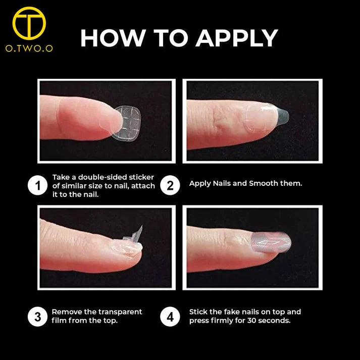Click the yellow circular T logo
[29, 23]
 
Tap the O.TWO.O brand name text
[29, 48]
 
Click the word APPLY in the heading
[237, 38]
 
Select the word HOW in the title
[113, 38]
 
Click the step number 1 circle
[37, 185]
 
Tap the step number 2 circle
[170, 185]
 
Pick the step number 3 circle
[37, 317]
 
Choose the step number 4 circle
[170, 317]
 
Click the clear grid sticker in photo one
[127, 123]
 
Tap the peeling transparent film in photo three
[134, 235]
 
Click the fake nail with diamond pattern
[271, 242]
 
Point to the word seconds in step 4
[274, 321]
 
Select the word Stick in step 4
[198, 312]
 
